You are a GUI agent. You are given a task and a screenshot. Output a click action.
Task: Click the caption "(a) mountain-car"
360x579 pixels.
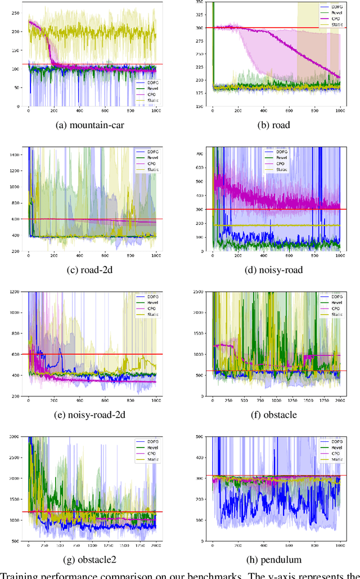click(x=92, y=125)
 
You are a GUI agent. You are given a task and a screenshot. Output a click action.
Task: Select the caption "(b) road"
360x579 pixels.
click(x=274, y=125)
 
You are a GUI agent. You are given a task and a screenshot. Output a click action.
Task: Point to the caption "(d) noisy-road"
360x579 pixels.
click(x=274, y=270)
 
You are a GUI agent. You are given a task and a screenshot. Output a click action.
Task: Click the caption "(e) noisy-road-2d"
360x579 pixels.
click(x=92, y=415)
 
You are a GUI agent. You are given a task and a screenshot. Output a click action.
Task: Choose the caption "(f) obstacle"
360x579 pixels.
click(x=274, y=415)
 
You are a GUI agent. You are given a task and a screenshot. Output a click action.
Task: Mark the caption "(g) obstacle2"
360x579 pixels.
click(x=92, y=560)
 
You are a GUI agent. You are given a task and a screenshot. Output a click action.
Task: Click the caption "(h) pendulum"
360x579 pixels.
click(x=274, y=560)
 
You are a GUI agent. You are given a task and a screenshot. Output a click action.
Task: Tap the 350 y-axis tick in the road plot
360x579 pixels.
click(x=199, y=2)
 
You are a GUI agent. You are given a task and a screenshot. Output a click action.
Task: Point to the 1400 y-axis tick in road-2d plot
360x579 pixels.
click(x=14, y=153)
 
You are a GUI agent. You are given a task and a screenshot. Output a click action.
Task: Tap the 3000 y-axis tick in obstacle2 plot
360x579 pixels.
click(x=14, y=437)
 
